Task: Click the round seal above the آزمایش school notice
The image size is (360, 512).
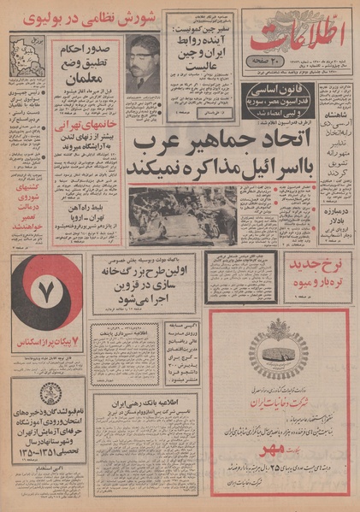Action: (x=50, y=400)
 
